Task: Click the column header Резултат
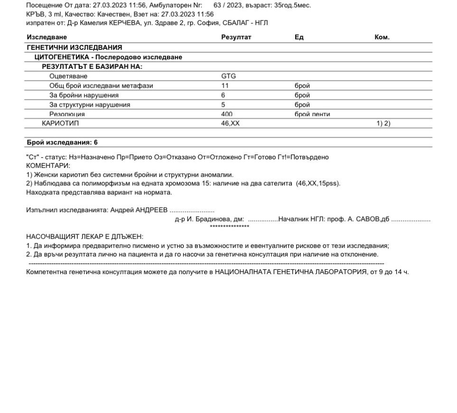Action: (x=236, y=37)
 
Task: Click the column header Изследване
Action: (x=47, y=37)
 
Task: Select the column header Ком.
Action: (x=382, y=37)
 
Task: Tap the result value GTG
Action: (x=228, y=76)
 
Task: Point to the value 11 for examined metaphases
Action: (x=225, y=86)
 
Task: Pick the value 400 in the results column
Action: (x=227, y=114)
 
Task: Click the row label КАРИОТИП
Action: (x=60, y=123)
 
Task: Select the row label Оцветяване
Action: (x=68, y=76)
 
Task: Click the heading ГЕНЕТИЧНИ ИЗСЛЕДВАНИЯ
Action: (x=75, y=47)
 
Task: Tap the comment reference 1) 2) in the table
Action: (x=383, y=123)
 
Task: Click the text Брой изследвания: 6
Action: (x=62, y=142)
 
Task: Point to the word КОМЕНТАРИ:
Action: (x=48, y=165)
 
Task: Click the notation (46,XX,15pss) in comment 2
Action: (x=318, y=184)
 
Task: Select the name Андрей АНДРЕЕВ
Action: (x=139, y=210)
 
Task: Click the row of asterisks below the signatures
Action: (x=229, y=227)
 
